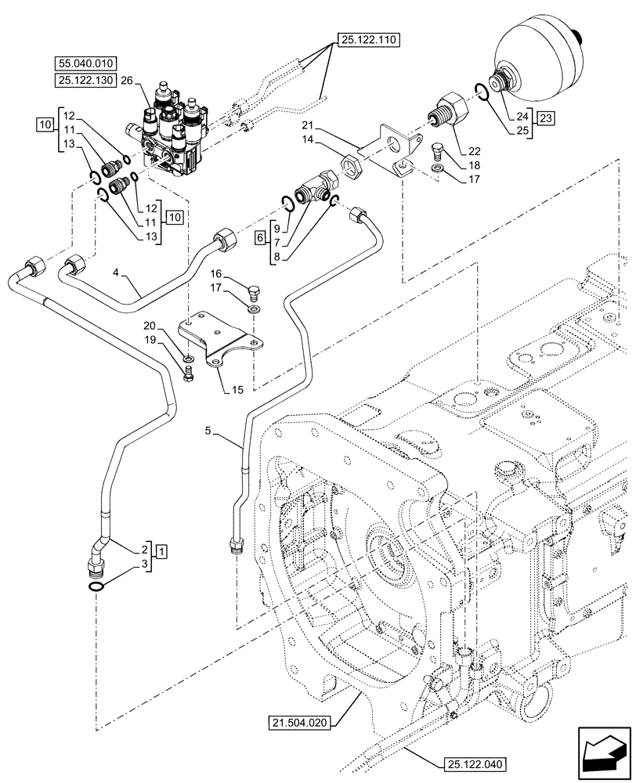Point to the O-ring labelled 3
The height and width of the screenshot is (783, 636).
pyautogui.click(x=93, y=587)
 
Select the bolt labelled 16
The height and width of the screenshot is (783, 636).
pyautogui.click(x=255, y=294)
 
